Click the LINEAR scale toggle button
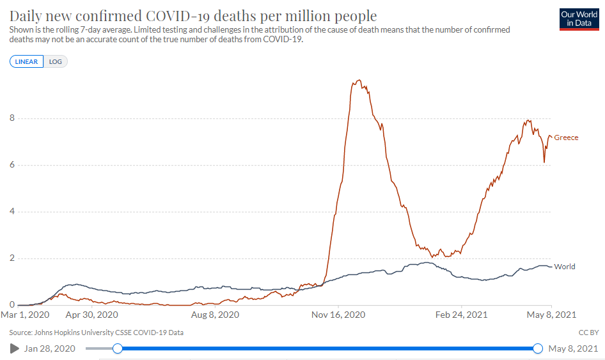point(27,61)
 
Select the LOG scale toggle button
point(56,61)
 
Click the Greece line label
point(566,137)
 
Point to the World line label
point(565,267)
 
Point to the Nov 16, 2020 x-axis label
point(338,315)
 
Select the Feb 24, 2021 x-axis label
point(462,315)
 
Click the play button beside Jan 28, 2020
point(15,348)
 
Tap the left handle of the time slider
point(117,348)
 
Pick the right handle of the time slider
point(537,348)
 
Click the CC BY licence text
point(588,333)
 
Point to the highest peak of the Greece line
point(359,80)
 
